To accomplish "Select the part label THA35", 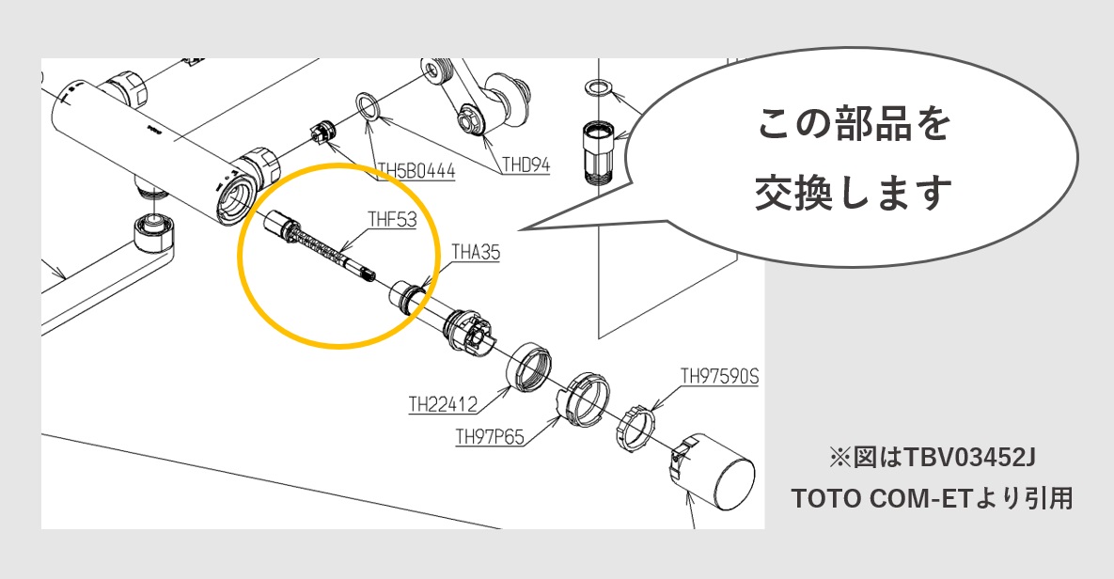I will [x=477, y=253].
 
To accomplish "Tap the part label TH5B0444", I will [x=416, y=171].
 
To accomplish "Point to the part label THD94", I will [x=526, y=166].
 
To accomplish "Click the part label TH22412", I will [x=442, y=405].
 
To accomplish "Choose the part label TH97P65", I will [x=489, y=437].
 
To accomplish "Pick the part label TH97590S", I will [x=719, y=378].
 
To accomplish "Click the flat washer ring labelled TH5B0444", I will [x=368, y=105].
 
